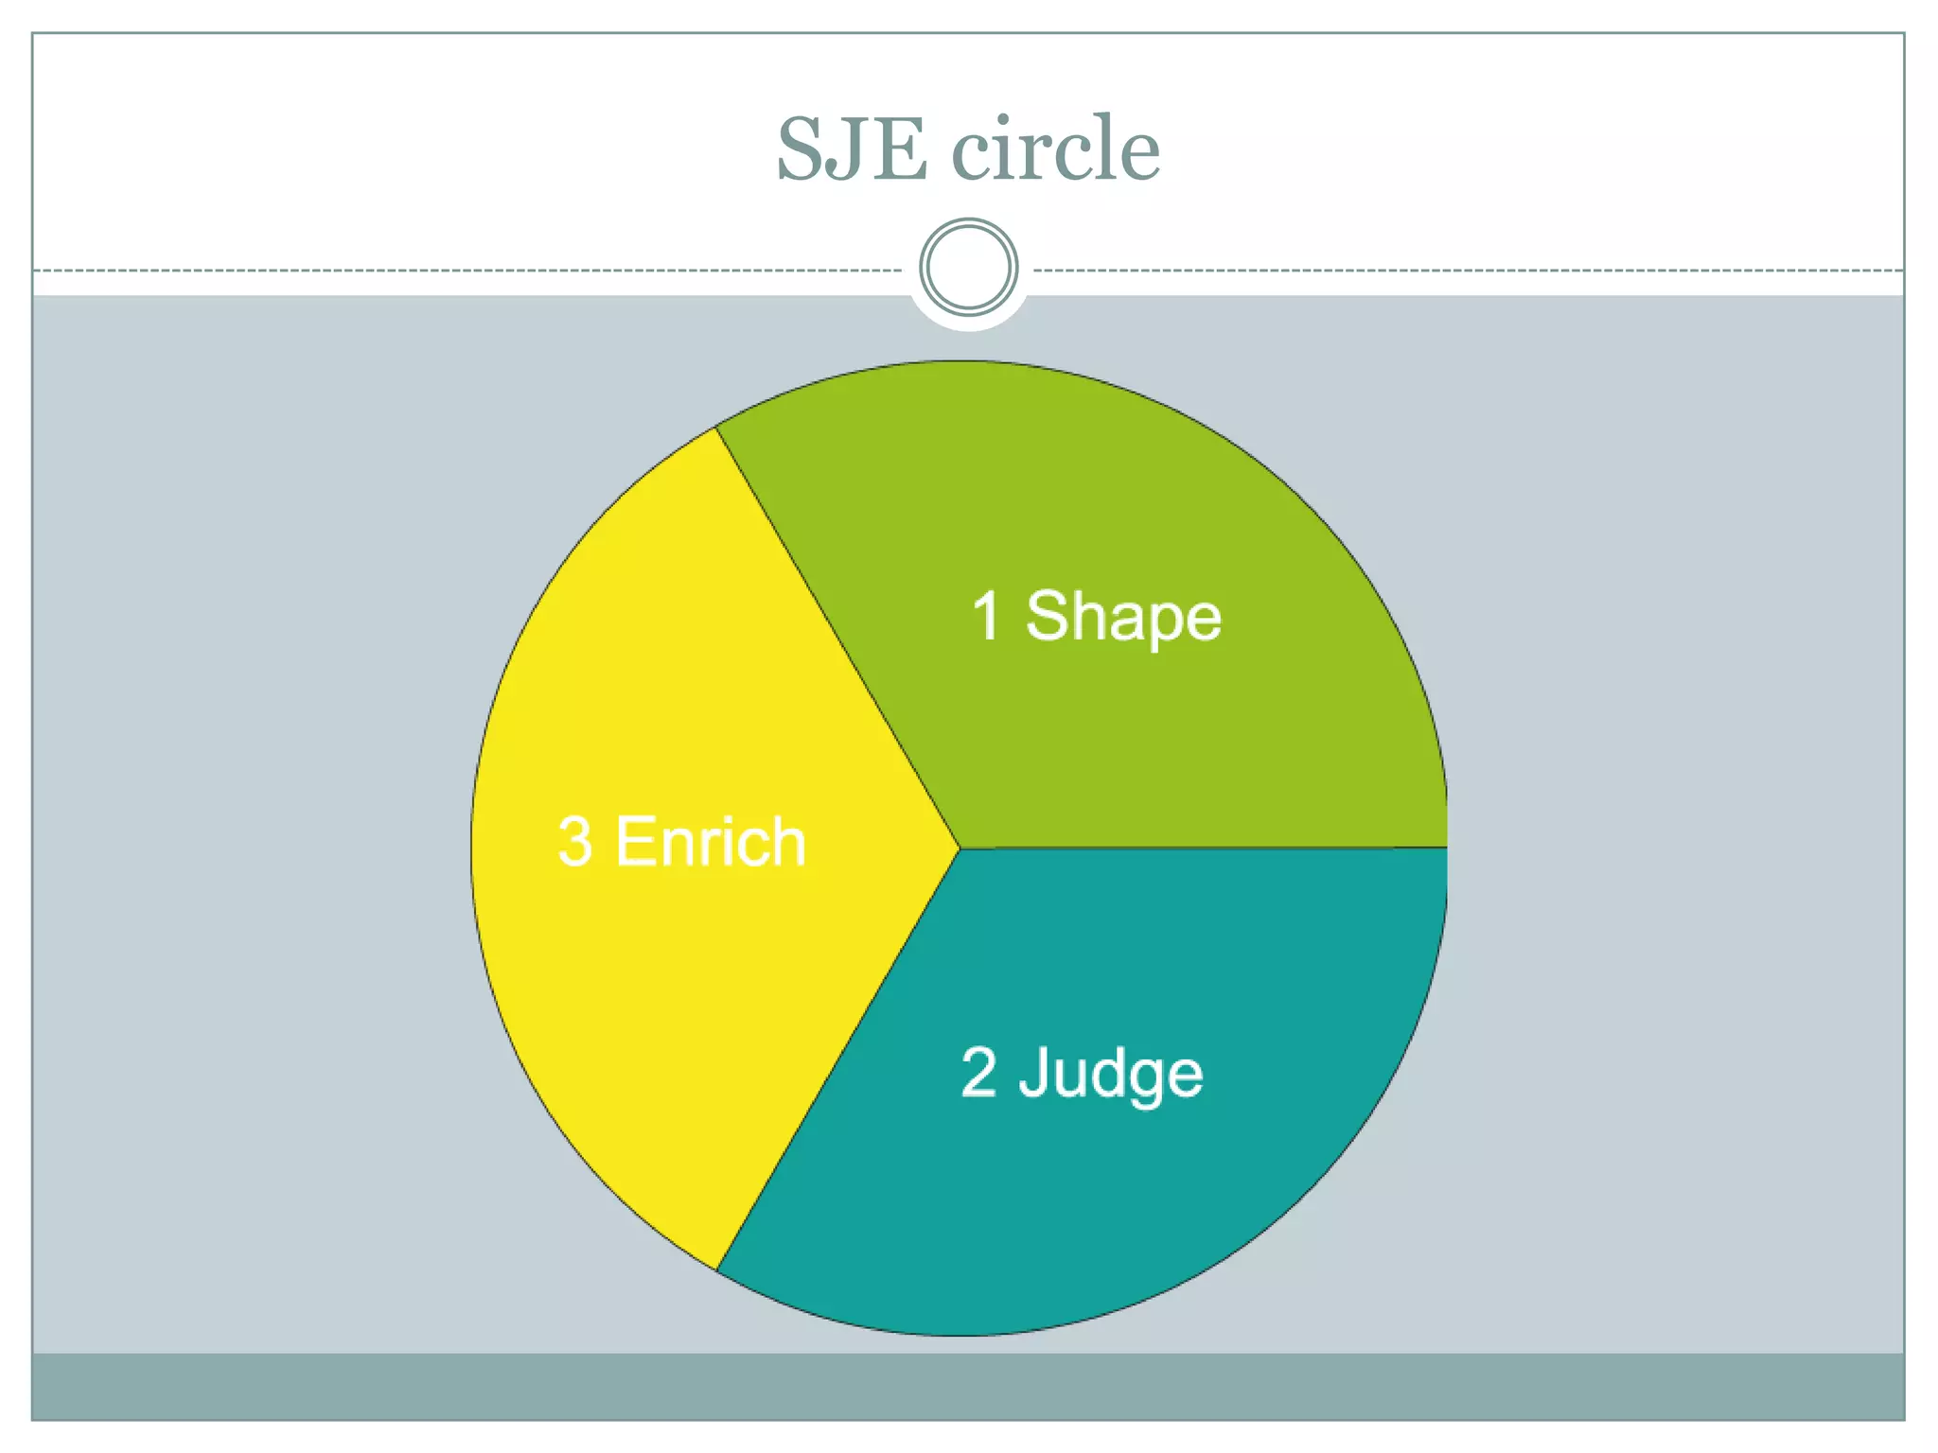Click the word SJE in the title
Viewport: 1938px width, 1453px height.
point(851,149)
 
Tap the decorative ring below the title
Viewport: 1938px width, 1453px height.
point(968,268)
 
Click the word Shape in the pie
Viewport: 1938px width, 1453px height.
point(1123,618)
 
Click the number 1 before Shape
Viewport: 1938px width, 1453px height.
point(985,616)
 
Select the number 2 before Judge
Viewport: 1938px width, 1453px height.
point(978,1073)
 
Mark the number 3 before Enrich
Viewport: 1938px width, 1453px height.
point(575,841)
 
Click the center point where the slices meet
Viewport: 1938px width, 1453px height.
point(960,849)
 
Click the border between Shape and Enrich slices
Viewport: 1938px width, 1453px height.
point(837,638)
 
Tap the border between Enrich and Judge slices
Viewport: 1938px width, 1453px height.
point(837,1059)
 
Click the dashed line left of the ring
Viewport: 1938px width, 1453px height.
point(473,271)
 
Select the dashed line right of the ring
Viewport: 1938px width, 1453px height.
point(1467,271)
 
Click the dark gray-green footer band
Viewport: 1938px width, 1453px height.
point(968,1386)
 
